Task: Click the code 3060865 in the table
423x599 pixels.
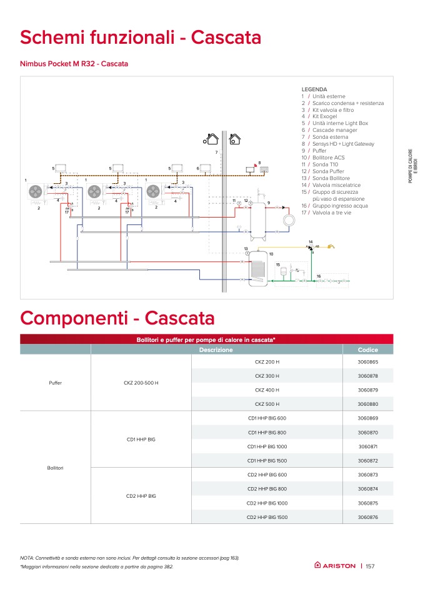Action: point(368,362)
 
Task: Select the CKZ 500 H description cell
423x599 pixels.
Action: point(267,404)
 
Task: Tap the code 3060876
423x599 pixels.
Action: point(368,517)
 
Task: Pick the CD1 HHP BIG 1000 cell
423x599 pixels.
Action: point(267,446)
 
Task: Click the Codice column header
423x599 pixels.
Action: point(368,350)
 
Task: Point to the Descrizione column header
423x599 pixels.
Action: point(216,350)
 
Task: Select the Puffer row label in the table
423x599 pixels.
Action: point(55,383)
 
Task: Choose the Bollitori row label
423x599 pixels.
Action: point(55,468)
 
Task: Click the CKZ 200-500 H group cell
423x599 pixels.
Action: point(141,383)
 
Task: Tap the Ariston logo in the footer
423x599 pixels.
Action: point(335,566)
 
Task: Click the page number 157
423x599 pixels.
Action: point(370,566)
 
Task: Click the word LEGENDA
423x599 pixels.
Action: point(314,89)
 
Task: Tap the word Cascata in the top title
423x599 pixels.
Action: point(226,38)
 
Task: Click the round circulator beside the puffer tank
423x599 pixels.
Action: point(289,221)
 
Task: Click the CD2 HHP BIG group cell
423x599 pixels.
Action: point(141,496)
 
